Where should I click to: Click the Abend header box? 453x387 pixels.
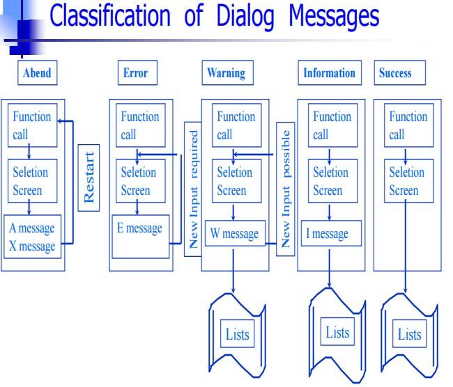tap(37, 72)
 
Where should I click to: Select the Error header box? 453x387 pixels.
tap(137, 72)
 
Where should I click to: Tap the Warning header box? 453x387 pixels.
tap(228, 72)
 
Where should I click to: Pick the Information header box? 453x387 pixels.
tap(330, 72)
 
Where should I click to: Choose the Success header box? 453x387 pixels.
tap(400, 72)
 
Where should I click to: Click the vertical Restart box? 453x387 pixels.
tap(89, 177)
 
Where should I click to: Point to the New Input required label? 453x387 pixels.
tap(193, 189)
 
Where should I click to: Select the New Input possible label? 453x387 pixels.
tap(286, 189)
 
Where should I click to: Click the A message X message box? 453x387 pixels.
tap(32, 237)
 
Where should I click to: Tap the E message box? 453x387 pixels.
tap(141, 237)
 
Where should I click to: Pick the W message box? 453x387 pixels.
tap(235, 233)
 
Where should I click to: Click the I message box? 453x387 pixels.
tap(331, 233)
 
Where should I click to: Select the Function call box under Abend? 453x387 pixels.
tap(32, 125)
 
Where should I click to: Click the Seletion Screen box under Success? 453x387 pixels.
tap(409, 181)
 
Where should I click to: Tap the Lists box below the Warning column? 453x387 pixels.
tap(237, 333)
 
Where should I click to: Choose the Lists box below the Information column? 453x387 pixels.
tap(337, 331)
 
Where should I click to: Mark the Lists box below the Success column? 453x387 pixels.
tap(409, 333)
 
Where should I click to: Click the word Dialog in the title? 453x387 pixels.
tap(245, 17)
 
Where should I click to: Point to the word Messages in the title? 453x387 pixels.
tap(334, 17)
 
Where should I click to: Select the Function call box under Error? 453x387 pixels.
tap(141, 125)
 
